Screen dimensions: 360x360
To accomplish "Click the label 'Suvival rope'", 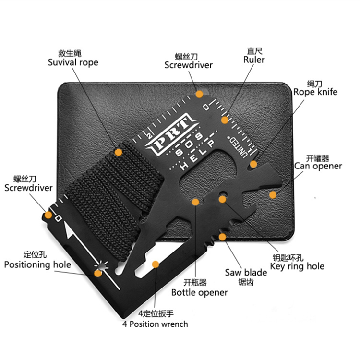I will point(73,62).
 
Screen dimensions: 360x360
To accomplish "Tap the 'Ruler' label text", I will point(254,60).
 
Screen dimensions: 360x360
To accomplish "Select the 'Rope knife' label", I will point(315,92).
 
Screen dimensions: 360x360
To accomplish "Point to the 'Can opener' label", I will point(318,166).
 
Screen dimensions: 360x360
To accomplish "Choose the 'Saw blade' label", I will point(246,273).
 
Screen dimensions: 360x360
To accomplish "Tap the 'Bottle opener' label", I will point(199,292).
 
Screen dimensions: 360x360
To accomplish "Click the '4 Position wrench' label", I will point(155,324).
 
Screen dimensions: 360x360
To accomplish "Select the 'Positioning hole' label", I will point(37,264).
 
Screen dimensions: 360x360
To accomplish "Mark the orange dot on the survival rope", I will point(118,152).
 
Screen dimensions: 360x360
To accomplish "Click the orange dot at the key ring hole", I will point(222,198).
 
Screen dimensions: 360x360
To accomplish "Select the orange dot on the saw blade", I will point(222,237).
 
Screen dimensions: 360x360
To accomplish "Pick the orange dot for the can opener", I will point(273,194).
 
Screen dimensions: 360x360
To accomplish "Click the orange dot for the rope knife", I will point(253,164).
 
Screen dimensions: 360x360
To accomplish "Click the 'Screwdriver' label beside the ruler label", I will point(188,65).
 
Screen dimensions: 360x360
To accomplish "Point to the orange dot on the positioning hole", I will point(98,273).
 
